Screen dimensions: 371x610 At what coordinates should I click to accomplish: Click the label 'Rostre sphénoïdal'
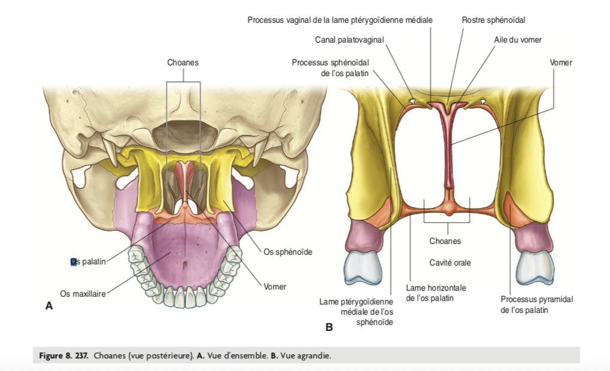[x=493, y=20]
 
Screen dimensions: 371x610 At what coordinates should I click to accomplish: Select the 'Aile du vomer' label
[x=518, y=40]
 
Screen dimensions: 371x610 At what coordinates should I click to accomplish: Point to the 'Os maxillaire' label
[x=83, y=293]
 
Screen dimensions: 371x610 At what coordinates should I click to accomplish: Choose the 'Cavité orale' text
[x=450, y=263]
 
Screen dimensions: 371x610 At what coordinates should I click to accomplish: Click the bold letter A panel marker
[x=49, y=306]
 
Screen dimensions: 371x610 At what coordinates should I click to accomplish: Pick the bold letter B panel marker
[x=329, y=327]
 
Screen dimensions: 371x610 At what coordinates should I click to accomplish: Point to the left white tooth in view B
[x=363, y=267]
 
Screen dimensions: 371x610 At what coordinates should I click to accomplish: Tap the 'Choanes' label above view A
[x=183, y=62]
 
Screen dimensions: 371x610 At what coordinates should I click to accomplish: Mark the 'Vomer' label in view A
[x=275, y=286]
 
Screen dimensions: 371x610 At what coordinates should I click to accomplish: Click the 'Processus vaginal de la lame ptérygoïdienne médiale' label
[x=339, y=20]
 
